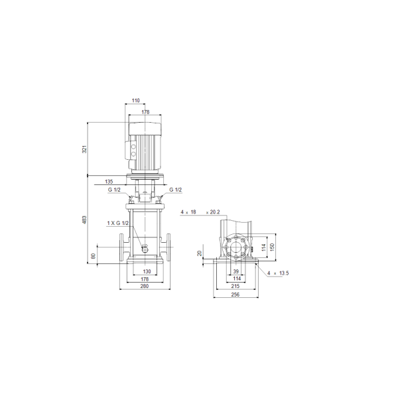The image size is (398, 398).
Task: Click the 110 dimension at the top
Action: point(136,101)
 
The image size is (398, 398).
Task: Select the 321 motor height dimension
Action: point(84,149)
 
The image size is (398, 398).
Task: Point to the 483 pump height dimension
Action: point(84,220)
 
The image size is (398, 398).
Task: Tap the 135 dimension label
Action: point(109,182)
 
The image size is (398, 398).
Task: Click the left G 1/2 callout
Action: point(114,190)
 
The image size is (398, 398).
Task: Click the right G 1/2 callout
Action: point(176,190)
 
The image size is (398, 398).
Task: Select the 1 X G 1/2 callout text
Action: point(118,223)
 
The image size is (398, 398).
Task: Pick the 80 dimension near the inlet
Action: point(94,256)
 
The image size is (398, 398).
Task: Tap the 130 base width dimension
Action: point(147,271)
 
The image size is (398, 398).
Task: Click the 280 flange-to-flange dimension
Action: point(145,286)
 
